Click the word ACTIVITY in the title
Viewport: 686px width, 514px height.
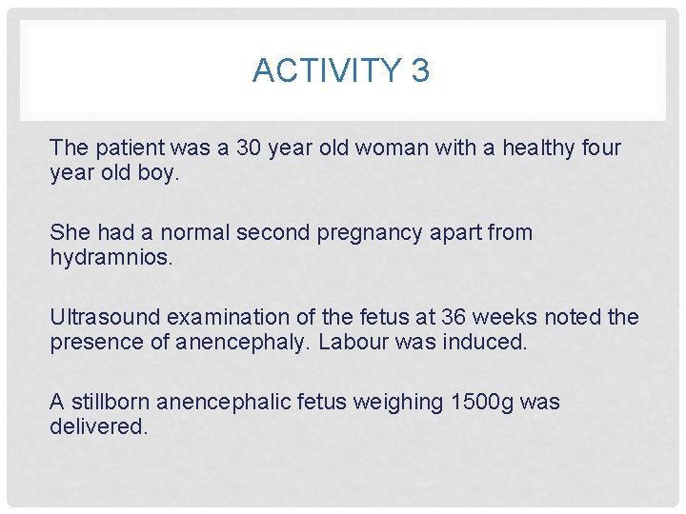click(x=313, y=70)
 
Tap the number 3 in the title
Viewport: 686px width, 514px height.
click(x=420, y=70)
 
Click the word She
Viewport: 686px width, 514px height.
click(x=70, y=232)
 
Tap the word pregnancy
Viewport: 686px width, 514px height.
click(x=355, y=232)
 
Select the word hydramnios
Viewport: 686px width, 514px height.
click(x=111, y=258)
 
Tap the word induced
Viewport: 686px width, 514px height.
click(x=484, y=343)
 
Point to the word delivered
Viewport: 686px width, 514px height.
click(x=98, y=427)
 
